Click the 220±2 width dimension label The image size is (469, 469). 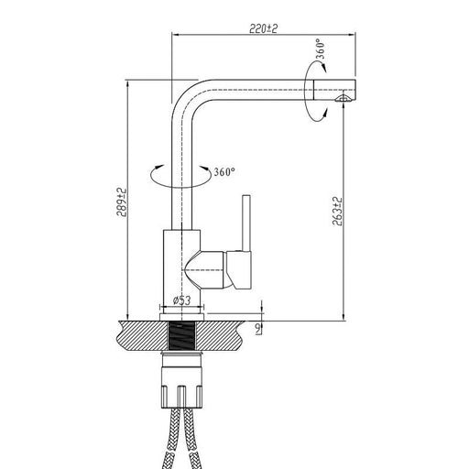[264, 28]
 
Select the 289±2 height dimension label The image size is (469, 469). [121, 202]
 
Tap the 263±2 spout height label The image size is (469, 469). [337, 212]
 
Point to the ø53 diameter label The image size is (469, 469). [182, 300]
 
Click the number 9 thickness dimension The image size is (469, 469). [258, 328]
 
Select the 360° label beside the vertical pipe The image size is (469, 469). [224, 172]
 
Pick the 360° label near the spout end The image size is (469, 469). [320, 49]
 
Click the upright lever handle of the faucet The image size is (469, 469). [246, 224]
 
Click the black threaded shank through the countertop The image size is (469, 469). [181, 336]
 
